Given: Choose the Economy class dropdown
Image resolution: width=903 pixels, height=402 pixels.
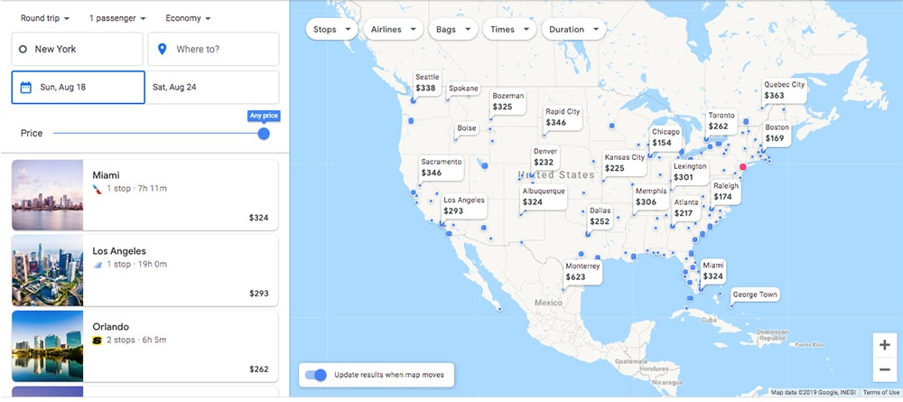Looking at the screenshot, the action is pyautogui.click(x=188, y=18).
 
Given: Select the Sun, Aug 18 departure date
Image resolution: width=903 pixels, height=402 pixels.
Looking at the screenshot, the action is pyautogui.click(x=79, y=88).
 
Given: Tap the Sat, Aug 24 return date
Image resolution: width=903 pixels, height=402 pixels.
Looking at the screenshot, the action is pyautogui.click(x=213, y=88).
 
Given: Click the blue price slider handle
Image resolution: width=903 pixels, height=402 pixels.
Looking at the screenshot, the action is pyautogui.click(x=264, y=134).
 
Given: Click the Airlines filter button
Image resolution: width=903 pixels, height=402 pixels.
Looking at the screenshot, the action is pyautogui.click(x=394, y=29).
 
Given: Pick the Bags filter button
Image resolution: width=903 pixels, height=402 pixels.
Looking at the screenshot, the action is pyautogui.click(x=452, y=29).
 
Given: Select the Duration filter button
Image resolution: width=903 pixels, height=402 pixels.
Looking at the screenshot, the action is pyautogui.click(x=573, y=29).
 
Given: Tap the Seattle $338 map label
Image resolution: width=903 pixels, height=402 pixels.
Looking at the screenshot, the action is pyautogui.click(x=427, y=83).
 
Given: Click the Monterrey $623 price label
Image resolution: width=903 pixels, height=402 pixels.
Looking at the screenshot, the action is pyautogui.click(x=582, y=272).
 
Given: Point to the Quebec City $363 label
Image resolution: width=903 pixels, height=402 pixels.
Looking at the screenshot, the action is pyautogui.click(x=783, y=90).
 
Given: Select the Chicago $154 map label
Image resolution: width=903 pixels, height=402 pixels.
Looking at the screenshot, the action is pyautogui.click(x=666, y=137).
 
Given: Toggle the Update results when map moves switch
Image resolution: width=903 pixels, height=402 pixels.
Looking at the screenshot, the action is pyautogui.click(x=316, y=375).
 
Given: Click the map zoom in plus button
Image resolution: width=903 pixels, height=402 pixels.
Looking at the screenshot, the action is pyautogui.click(x=884, y=345).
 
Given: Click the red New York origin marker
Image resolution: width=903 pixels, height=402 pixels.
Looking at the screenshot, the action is pyautogui.click(x=744, y=166).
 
